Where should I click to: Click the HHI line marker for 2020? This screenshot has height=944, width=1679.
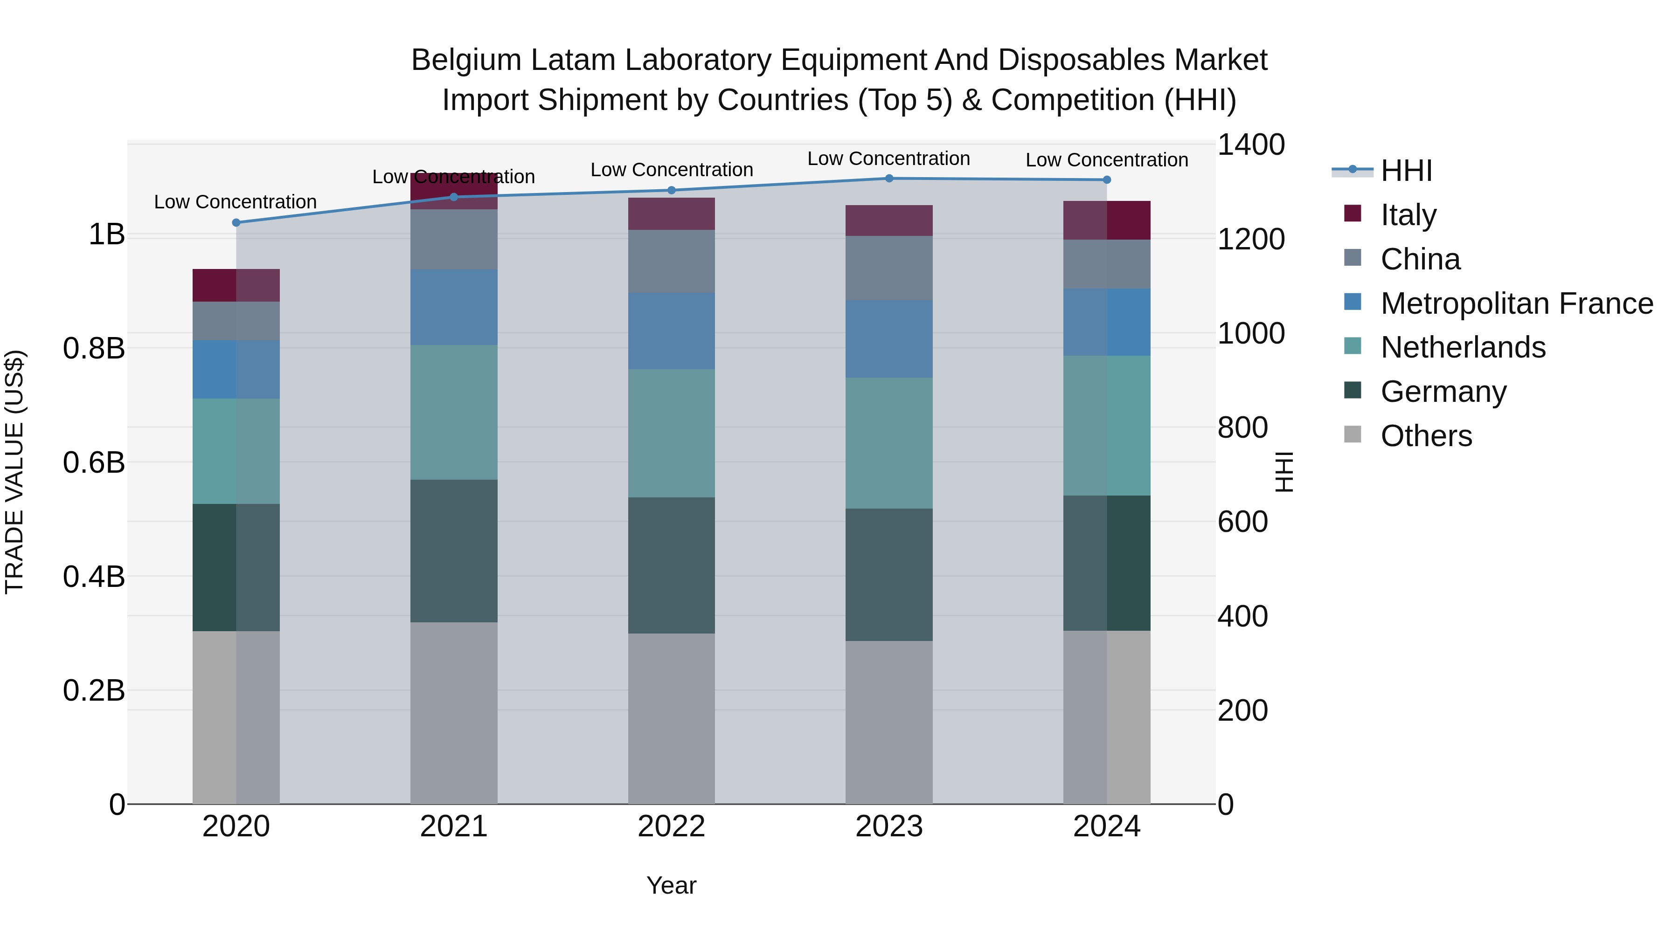[x=236, y=223]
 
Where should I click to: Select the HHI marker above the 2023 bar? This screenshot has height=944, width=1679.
[x=889, y=178]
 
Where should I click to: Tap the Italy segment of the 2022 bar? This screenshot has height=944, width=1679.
[x=671, y=214]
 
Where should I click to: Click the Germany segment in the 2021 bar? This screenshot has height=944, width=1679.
[x=454, y=551]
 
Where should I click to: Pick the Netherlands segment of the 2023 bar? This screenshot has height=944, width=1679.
[x=889, y=443]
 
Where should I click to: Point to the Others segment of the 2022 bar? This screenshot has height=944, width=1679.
[x=671, y=718]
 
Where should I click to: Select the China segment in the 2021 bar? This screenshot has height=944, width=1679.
[x=454, y=239]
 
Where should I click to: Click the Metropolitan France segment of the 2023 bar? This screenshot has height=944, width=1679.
[x=889, y=339]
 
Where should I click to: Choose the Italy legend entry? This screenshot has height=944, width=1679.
[x=1408, y=214]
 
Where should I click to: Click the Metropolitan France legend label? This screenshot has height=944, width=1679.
[x=1517, y=303]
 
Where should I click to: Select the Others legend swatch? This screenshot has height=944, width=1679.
[x=1353, y=434]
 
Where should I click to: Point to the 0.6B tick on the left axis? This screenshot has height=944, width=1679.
[x=94, y=462]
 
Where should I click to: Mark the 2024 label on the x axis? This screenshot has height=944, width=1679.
[x=1106, y=827]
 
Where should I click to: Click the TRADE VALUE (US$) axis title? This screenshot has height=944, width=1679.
[x=14, y=472]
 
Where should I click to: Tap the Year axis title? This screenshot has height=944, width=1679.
[x=671, y=885]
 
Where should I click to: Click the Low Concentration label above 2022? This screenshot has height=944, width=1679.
[x=671, y=170]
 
